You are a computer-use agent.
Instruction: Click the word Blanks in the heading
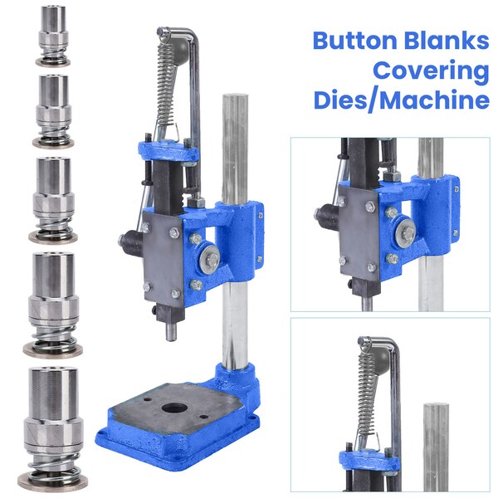(x=449, y=40)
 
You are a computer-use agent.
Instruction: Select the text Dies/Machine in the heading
(x=401, y=101)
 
